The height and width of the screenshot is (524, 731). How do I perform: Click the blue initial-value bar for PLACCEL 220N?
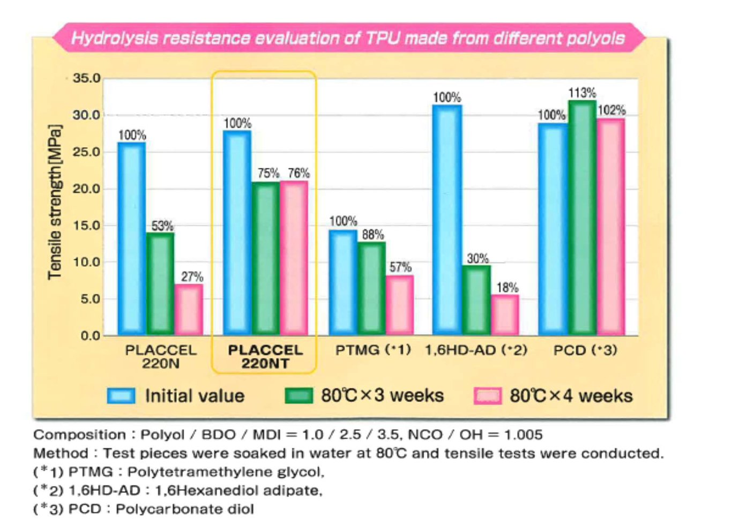point(132,239)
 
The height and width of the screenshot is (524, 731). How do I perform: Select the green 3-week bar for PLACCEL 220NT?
point(266,259)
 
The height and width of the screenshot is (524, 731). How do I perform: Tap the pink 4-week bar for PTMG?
point(400,305)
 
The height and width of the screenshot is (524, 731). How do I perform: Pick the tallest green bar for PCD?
point(582,218)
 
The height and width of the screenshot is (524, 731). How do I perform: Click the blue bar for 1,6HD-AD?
point(447,220)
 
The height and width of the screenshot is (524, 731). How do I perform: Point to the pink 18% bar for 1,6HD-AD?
point(505,315)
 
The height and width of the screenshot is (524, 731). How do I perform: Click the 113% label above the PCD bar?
point(582,93)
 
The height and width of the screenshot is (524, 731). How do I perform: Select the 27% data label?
point(192,277)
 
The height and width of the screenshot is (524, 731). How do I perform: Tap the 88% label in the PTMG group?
point(372,235)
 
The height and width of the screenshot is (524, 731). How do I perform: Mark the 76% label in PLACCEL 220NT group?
point(299,173)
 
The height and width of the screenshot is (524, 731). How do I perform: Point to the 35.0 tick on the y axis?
point(87,78)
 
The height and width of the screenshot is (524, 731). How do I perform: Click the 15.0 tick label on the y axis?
point(87,226)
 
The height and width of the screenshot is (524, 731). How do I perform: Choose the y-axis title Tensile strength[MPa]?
point(55,203)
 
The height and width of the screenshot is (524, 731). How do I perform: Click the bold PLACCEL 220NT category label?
point(265,357)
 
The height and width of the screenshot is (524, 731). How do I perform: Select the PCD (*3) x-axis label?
point(585,350)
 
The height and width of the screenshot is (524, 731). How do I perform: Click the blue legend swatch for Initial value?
point(121,396)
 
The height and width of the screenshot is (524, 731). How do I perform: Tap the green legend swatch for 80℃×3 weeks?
point(299,396)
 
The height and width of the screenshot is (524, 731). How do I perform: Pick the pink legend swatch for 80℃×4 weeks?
point(488,396)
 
